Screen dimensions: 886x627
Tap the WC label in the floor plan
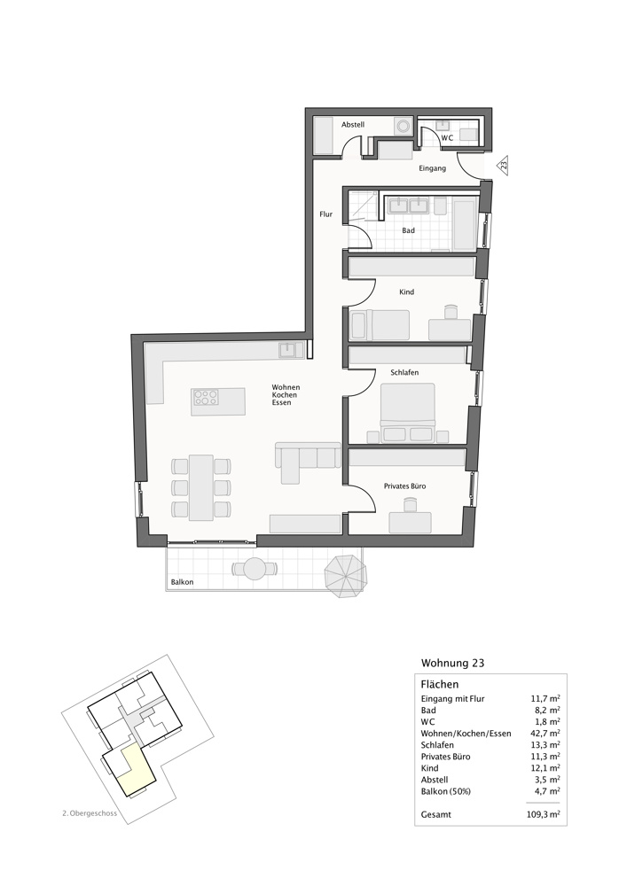447,137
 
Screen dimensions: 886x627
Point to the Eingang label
432,167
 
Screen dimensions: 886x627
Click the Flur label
326,214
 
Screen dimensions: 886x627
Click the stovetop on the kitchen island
206,399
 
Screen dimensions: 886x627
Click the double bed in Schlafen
407,412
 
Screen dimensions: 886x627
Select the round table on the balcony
255,568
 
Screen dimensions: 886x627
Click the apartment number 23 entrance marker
503,165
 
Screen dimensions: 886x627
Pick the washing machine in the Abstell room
404,126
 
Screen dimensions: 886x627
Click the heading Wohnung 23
452,663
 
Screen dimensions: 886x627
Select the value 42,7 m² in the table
543,734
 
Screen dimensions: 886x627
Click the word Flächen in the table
439,684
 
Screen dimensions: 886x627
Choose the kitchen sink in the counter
288,350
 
